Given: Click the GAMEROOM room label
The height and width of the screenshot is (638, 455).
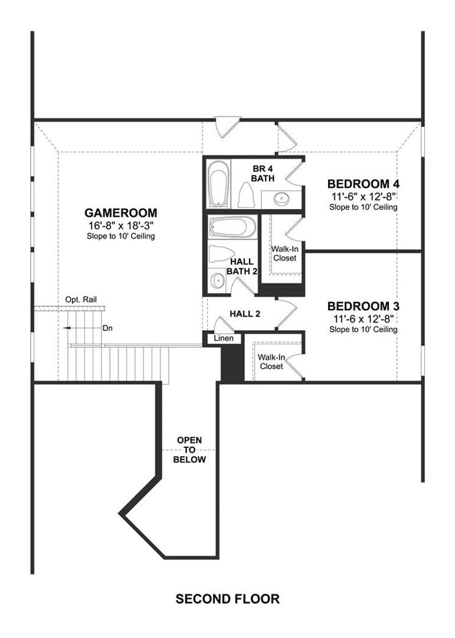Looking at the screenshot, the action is (121, 213).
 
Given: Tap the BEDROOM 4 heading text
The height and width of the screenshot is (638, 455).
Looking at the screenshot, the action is (363, 184).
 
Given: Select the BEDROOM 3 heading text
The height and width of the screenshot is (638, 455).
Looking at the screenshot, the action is (363, 306).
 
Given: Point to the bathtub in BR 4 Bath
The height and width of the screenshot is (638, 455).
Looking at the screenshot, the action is (218, 184).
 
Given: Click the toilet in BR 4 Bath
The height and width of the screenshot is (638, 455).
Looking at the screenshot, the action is (245, 195).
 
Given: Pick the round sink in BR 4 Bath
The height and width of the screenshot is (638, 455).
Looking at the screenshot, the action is (281, 198).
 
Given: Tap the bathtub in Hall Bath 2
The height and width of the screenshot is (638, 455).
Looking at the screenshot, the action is (232, 227).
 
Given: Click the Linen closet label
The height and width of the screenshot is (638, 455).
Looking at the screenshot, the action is (224, 338).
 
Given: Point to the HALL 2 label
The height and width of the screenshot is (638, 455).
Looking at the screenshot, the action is (245, 314).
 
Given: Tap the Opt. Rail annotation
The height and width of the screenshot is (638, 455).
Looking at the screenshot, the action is (81, 300).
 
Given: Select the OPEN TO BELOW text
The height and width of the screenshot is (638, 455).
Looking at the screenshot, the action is (189, 450).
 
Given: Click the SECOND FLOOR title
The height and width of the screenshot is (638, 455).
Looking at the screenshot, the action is (227, 599).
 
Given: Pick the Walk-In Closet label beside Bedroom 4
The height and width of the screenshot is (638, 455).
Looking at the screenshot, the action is (284, 253).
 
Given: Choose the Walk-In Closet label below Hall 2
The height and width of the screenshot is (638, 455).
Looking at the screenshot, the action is (271, 362).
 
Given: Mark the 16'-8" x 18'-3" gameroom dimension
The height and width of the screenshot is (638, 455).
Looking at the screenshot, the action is (121, 226).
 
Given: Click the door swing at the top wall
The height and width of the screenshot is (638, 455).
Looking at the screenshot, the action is (227, 127).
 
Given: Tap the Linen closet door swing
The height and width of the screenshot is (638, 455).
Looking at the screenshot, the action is (223, 324).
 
